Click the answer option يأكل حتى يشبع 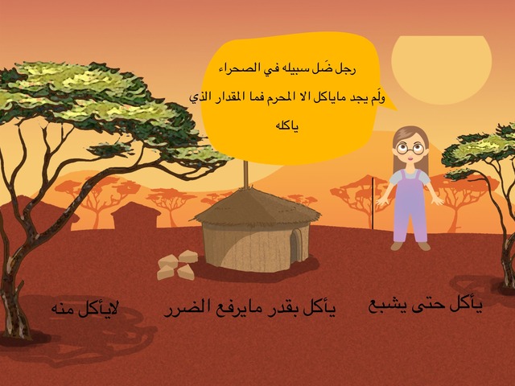click(426, 306)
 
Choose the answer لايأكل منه click(84, 309)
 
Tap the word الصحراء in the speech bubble click(234, 68)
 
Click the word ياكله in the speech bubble click(286, 126)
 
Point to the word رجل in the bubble click(346, 70)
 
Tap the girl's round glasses click(410, 148)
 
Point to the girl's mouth click(410, 158)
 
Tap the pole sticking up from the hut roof click(245, 174)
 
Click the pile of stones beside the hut click(177, 265)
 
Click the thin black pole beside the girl click(373, 203)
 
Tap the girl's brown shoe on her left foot click(424, 246)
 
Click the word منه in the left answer click(64, 310)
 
